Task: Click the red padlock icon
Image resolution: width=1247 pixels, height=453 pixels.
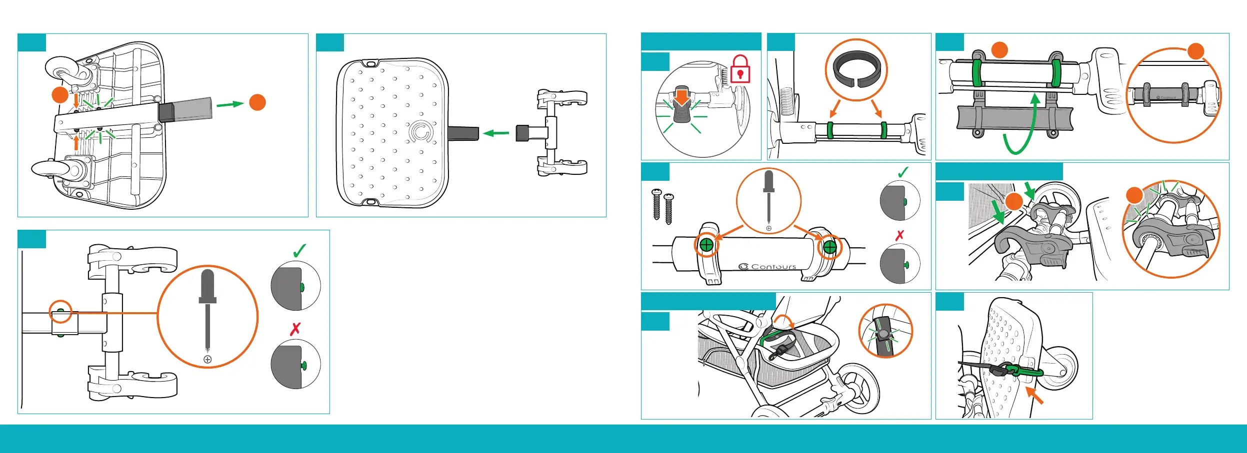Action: pyautogui.click(x=740, y=69)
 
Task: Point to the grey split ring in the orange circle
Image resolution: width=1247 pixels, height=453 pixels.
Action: pyautogui.click(x=856, y=69)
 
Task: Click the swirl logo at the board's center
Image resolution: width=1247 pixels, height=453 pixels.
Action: pyautogui.click(x=420, y=132)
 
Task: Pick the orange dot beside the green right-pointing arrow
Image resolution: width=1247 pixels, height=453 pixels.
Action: pyautogui.click(x=257, y=102)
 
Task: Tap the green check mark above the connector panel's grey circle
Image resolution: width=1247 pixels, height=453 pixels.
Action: pyautogui.click(x=299, y=251)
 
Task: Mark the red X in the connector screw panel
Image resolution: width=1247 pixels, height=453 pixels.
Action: pyautogui.click(x=295, y=329)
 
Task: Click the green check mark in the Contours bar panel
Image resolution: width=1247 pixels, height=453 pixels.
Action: pyautogui.click(x=903, y=172)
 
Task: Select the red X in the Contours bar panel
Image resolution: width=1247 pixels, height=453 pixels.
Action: pyautogui.click(x=900, y=235)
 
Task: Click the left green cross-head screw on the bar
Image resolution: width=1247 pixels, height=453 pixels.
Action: pyautogui.click(x=706, y=245)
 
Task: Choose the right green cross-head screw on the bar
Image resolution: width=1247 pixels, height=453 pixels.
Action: pyautogui.click(x=829, y=247)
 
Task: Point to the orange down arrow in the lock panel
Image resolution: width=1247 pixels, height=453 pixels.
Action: pyautogui.click(x=682, y=96)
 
